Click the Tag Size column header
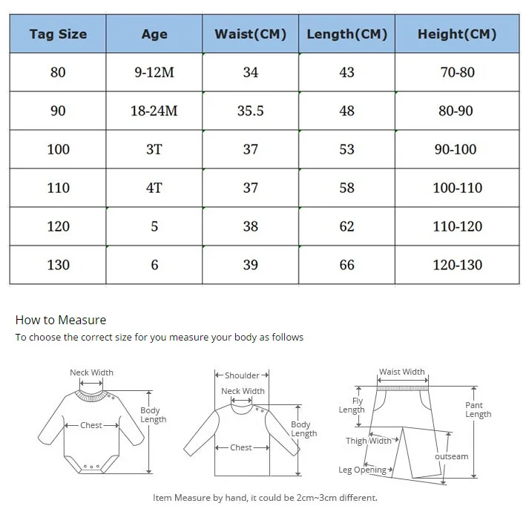pos(58,34)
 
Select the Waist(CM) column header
pos(250,34)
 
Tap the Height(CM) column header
pos(456,34)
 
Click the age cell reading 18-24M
pos(154,111)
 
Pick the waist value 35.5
pos(250,111)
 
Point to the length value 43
pos(346,73)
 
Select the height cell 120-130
pos(456,265)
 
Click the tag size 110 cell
pos(58,188)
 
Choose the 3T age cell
pos(154,150)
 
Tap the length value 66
pos(346,265)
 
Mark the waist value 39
pos(250,265)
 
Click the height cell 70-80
pos(456,73)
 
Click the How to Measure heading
pos(61,321)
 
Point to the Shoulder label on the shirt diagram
pos(242,375)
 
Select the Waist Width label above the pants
pos(402,372)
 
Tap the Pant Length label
pos(478,410)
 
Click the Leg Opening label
pos(362,470)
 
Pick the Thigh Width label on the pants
pos(368,441)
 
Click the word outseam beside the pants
pos(451,456)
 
